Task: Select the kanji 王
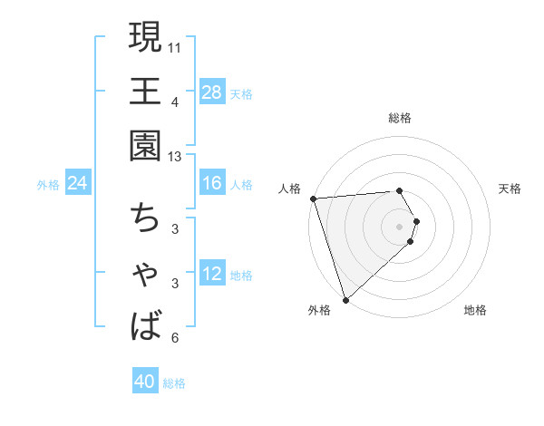pos(146,91)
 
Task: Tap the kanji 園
pos(146,145)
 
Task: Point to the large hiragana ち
pos(146,218)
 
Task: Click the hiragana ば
pos(146,324)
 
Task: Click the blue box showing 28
pos(212,92)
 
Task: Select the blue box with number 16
pos(212,183)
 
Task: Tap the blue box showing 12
pos(212,274)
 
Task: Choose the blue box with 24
pos(77,183)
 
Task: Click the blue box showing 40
pos(145,382)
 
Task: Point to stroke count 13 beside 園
pos(174,157)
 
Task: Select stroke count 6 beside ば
pos(174,338)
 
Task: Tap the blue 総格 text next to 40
pos(174,383)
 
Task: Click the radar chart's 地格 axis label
pos(475,311)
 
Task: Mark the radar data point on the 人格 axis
pos(312,198)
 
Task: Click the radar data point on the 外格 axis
pos(345,298)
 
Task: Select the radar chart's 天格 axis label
pos(510,189)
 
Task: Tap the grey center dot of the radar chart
pos(400,226)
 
